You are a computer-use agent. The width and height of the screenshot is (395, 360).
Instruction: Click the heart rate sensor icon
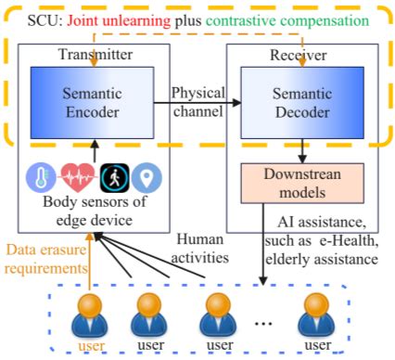click(78, 176)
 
